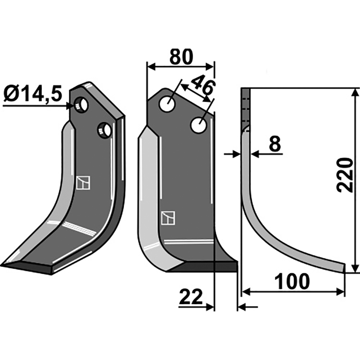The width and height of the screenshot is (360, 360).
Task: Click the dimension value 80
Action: (180, 57)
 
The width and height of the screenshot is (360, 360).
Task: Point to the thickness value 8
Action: (274, 144)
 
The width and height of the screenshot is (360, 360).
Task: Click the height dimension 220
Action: (344, 175)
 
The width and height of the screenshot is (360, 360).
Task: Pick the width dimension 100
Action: (292, 281)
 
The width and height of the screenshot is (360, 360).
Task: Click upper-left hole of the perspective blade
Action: (81, 105)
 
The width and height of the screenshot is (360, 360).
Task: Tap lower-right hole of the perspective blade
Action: (105, 130)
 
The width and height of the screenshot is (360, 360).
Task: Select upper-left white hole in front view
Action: (167, 104)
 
